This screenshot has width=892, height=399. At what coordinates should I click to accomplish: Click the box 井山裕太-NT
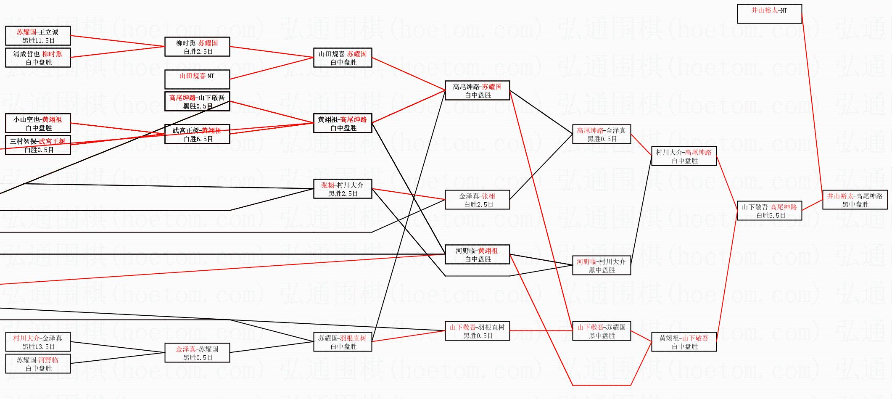(x=769, y=14)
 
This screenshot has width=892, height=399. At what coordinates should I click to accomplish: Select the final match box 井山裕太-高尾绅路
(x=855, y=200)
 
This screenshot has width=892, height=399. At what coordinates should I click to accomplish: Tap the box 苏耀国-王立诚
(x=38, y=36)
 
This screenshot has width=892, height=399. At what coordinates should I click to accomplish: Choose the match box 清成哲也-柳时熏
(x=38, y=58)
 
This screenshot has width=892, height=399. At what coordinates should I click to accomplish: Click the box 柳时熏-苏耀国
(x=197, y=47)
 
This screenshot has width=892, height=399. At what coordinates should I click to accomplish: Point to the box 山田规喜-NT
(x=197, y=79)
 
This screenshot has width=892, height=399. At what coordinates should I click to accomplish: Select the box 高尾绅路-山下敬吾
(x=197, y=101)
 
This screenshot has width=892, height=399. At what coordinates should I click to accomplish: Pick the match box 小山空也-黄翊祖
(x=38, y=123)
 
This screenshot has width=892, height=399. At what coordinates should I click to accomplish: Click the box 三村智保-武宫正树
(x=38, y=145)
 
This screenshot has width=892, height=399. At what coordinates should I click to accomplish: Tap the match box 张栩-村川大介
(x=343, y=189)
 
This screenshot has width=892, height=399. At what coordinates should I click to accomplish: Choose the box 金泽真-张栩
(x=477, y=200)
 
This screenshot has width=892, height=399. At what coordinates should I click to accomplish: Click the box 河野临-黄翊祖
(x=477, y=254)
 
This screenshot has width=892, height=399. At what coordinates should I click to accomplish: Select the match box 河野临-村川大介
(x=602, y=265)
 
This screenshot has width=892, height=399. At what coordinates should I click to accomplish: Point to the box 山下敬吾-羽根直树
(x=477, y=331)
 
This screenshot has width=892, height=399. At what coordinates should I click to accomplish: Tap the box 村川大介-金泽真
(x=38, y=342)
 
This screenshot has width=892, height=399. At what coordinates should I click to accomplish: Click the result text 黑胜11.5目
(x=39, y=41)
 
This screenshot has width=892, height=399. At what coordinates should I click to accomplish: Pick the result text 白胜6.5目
(x=198, y=139)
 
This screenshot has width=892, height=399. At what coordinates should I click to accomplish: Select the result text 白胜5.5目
(x=771, y=216)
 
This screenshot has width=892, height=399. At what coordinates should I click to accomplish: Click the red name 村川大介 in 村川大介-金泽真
(x=26, y=338)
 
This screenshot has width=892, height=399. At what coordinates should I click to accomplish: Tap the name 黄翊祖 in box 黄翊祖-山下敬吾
(x=668, y=338)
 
